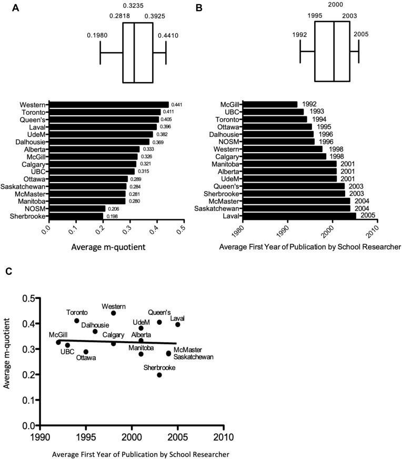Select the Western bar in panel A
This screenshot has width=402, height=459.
tap(108, 105)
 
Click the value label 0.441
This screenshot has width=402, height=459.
tap(177, 105)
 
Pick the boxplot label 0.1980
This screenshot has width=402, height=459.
tap(97, 35)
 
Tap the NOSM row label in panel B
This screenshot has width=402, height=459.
tap(230, 141)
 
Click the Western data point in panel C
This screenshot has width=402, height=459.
tap(113, 313)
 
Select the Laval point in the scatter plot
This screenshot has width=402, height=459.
tap(178, 324)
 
